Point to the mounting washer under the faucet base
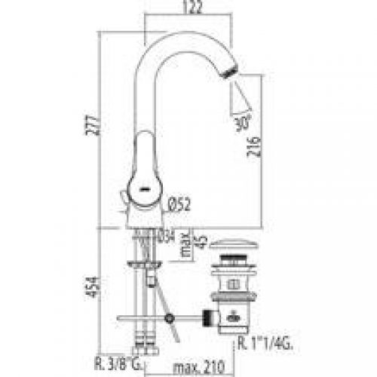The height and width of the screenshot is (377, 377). [145, 265]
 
